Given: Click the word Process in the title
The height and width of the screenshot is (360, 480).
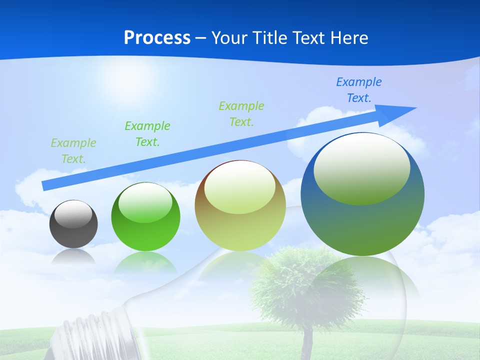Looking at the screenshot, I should click(x=157, y=38).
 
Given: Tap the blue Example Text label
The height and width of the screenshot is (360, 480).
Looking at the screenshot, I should click(x=359, y=90).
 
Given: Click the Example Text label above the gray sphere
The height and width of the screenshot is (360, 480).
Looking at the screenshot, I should click(x=73, y=151).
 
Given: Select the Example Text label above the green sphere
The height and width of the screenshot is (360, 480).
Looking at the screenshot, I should click(x=147, y=134).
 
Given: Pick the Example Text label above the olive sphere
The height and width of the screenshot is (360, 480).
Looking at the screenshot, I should click(x=241, y=114).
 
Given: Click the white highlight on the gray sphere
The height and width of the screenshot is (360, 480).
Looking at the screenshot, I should click(x=73, y=215).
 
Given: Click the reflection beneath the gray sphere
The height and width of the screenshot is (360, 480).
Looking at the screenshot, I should click(x=73, y=257).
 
